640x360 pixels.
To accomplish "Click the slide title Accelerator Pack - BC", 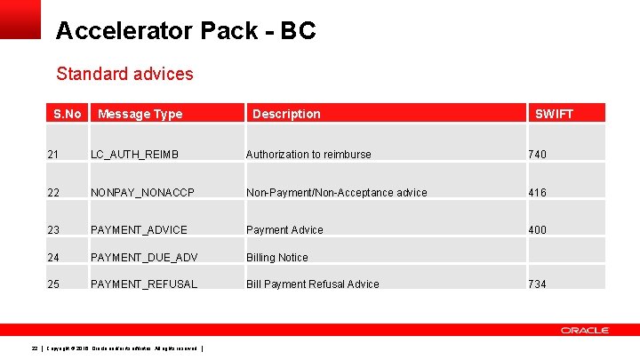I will pyautogui.click(x=185, y=31).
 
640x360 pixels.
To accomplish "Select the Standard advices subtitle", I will pyautogui.click(x=124, y=74).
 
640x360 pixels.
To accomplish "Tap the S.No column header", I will pyautogui.click(x=67, y=114).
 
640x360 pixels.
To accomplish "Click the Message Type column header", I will pyautogui.click(x=140, y=114).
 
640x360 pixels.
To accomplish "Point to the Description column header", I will pyautogui.click(x=286, y=114).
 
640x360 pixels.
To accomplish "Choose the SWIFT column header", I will pyautogui.click(x=554, y=114).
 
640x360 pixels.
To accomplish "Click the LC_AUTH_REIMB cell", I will pyautogui.click(x=134, y=155).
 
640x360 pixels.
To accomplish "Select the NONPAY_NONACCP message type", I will pyautogui.click(x=141, y=193).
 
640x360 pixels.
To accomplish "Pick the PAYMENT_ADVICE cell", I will pyautogui.click(x=139, y=230).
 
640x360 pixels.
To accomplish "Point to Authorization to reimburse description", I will pyautogui.click(x=308, y=155).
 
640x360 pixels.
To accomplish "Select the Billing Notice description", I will pyautogui.click(x=277, y=258).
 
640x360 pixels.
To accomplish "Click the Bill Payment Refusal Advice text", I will pyautogui.click(x=312, y=284).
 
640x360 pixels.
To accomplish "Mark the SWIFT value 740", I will pyautogui.click(x=537, y=155).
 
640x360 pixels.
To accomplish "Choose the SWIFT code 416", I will pyautogui.click(x=537, y=193).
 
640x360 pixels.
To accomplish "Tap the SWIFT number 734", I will pyautogui.click(x=537, y=284).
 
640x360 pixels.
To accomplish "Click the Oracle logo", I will pyautogui.click(x=584, y=331).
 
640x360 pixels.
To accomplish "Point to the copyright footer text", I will pyautogui.click(x=124, y=348).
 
